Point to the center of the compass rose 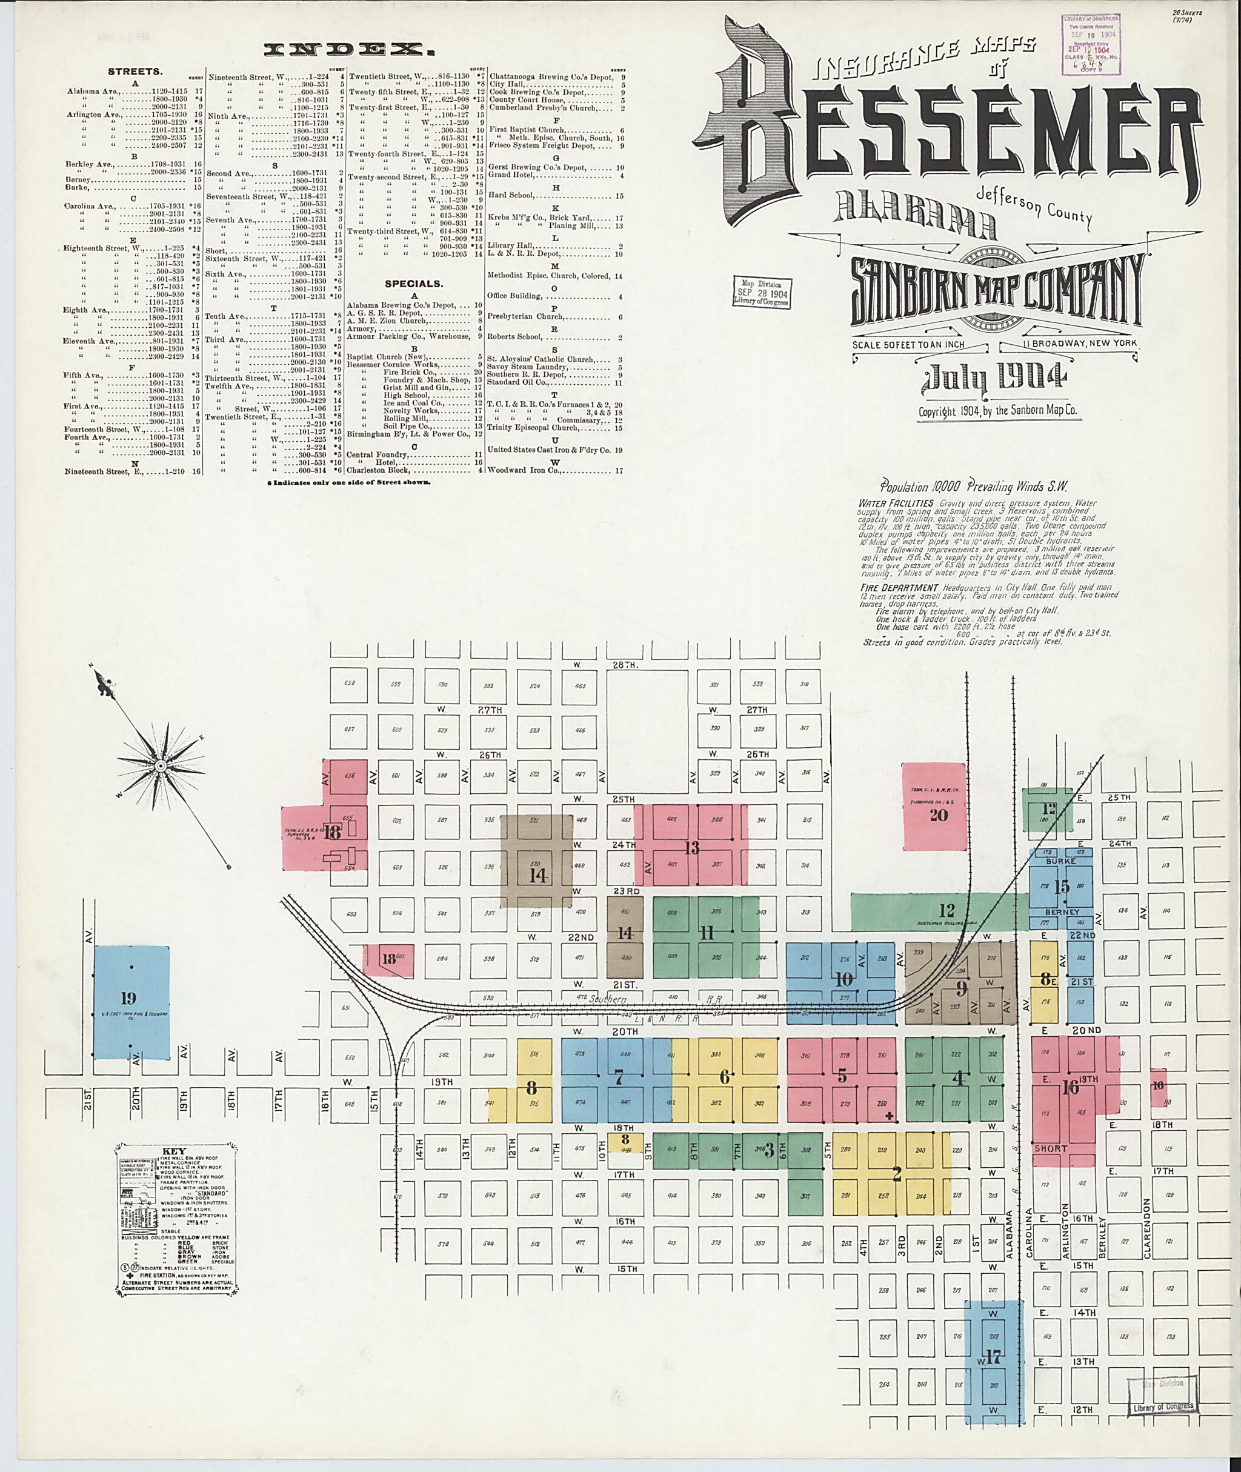(161, 764)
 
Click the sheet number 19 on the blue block (128, 997)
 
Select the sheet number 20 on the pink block (939, 815)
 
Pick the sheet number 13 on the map (692, 848)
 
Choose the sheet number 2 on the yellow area (896, 1173)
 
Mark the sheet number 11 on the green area (707, 934)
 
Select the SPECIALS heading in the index (413, 284)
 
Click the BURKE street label (1061, 861)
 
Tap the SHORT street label (1050, 1148)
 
